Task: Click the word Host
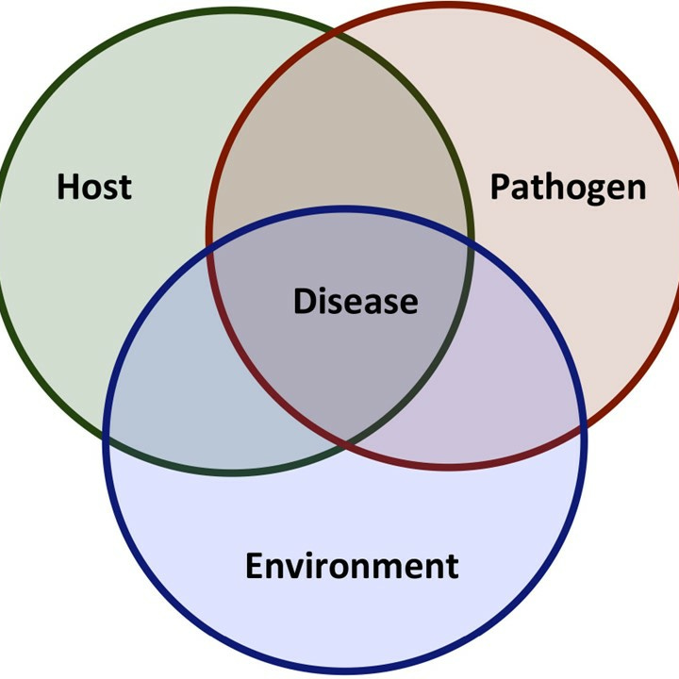pyautogui.click(x=93, y=186)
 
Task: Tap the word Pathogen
pyautogui.click(x=568, y=187)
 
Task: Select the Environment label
pyautogui.click(x=352, y=566)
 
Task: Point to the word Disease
pyautogui.click(x=355, y=301)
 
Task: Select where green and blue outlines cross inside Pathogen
pyautogui.click(x=468, y=247)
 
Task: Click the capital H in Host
pyautogui.click(x=67, y=186)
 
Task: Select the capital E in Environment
pyautogui.click(x=255, y=566)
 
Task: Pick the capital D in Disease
pyautogui.click(x=303, y=301)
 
